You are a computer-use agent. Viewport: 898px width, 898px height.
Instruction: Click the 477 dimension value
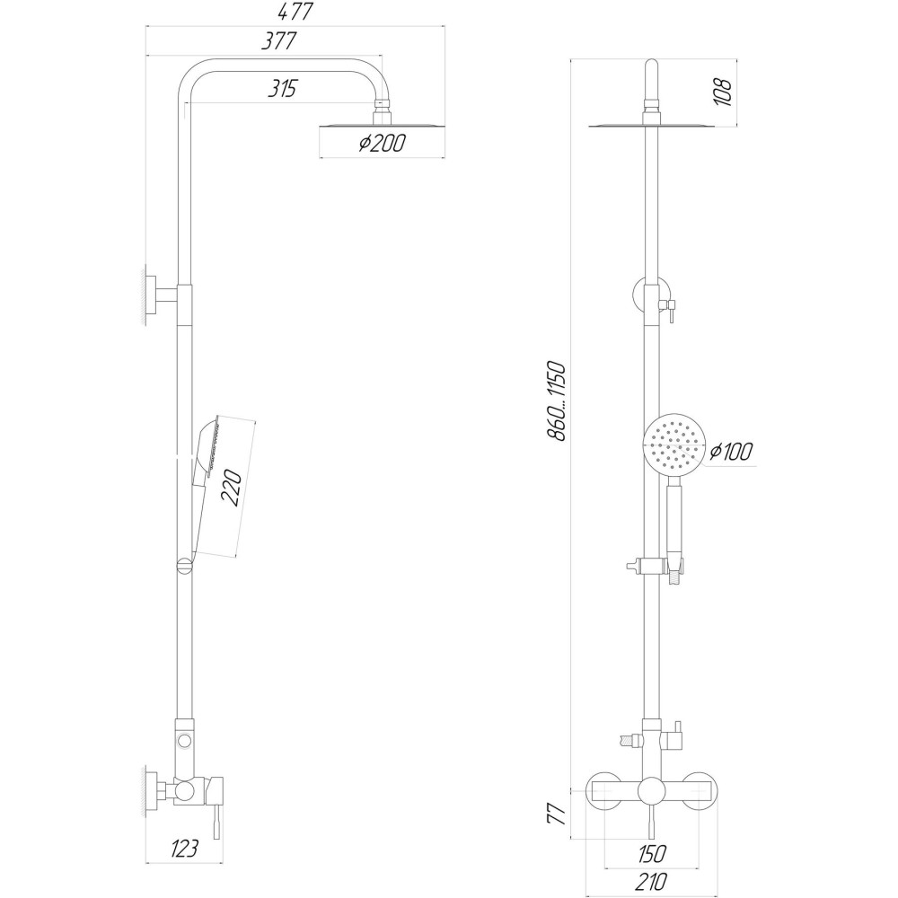295,12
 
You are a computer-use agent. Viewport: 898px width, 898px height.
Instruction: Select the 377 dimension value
279,41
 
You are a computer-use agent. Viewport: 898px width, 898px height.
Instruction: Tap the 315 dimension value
283,89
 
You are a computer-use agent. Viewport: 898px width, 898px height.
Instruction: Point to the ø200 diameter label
382,143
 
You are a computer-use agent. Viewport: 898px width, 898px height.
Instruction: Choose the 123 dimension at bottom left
184,849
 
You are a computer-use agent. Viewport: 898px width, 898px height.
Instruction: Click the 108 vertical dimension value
723,92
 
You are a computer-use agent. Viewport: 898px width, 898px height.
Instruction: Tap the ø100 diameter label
731,452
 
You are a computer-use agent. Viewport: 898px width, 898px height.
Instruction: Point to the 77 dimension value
556,814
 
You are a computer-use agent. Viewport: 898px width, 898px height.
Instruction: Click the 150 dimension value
651,854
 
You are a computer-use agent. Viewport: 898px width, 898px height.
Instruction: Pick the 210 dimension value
651,882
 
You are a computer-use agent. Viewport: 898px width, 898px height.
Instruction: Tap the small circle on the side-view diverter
184,741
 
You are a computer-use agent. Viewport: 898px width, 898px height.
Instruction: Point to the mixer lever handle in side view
216,820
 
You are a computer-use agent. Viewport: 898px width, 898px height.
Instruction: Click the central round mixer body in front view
652,793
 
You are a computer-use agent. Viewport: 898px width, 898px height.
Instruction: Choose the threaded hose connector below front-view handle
676,576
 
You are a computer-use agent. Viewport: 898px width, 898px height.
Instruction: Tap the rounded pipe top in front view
652,79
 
